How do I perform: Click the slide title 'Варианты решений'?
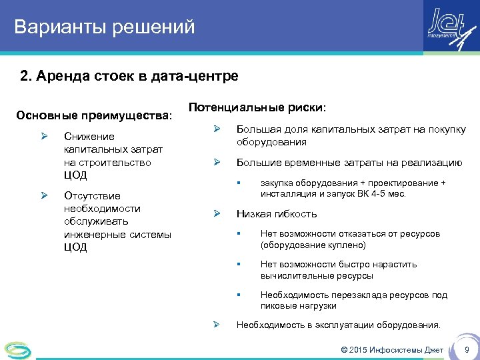click(x=105, y=27)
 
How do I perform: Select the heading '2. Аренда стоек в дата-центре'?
click(x=129, y=77)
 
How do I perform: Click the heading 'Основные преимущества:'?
click(x=94, y=116)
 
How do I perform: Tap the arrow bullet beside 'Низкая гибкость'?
click(x=216, y=214)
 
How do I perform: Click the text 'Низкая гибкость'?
click(x=277, y=214)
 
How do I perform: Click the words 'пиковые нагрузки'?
click(x=298, y=306)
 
